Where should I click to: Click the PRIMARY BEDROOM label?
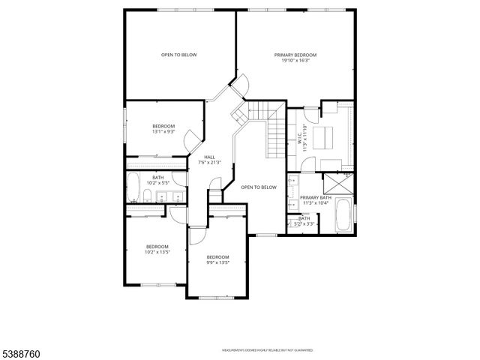(295, 55)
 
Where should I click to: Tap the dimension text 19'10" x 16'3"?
(295, 61)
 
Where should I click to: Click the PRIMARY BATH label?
(315, 198)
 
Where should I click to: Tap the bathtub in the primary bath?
(344, 214)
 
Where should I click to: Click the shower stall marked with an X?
(339, 184)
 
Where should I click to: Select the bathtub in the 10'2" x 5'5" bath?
(133, 189)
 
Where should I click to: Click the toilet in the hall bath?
(148, 197)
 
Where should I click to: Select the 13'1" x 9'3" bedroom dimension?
(163, 132)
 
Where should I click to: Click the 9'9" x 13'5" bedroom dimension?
(217, 262)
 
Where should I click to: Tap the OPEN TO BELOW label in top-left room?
(178, 55)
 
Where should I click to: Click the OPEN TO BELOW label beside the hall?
(259, 187)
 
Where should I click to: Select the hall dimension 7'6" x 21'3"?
(209, 163)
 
